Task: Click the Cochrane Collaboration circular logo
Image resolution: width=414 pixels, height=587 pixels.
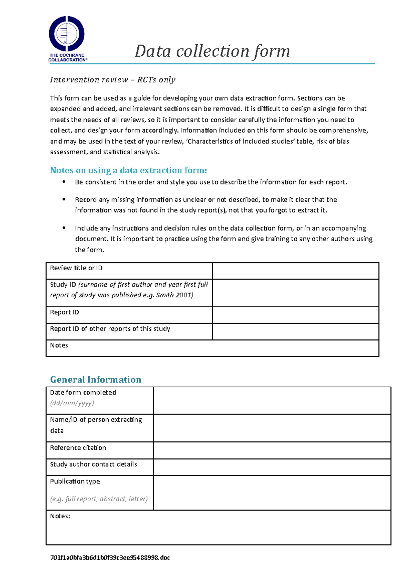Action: tap(67, 34)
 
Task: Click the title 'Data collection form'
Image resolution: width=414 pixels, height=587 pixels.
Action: tap(212, 51)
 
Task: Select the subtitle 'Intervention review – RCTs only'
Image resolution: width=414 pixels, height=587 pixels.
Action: tap(112, 80)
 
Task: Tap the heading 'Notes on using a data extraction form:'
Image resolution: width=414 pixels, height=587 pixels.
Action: tap(128, 170)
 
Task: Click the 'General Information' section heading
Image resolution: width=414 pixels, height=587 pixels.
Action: tap(96, 380)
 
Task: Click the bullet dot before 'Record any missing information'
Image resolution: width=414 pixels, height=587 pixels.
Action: tap(64, 199)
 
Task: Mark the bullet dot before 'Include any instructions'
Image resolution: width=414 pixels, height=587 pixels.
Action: tap(64, 228)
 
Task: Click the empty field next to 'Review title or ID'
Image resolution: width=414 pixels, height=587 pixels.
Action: tap(295, 271)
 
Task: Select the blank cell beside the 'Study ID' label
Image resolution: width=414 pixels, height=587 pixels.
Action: tap(295, 292)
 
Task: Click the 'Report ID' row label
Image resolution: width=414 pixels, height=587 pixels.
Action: tap(65, 312)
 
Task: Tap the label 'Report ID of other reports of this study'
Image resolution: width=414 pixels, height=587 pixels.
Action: tap(110, 329)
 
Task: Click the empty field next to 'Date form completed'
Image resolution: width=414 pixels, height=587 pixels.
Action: tap(272, 400)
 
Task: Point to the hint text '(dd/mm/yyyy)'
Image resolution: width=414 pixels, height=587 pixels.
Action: tap(72, 403)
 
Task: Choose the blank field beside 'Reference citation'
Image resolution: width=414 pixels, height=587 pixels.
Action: tap(272, 450)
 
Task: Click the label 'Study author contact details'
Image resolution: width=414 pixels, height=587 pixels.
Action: tap(93, 464)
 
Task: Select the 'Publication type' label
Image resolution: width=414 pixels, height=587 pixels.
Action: tap(75, 481)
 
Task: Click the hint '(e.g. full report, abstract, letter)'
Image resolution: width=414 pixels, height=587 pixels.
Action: tap(99, 499)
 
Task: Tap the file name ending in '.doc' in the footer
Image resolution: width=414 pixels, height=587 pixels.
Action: tap(110, 558)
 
